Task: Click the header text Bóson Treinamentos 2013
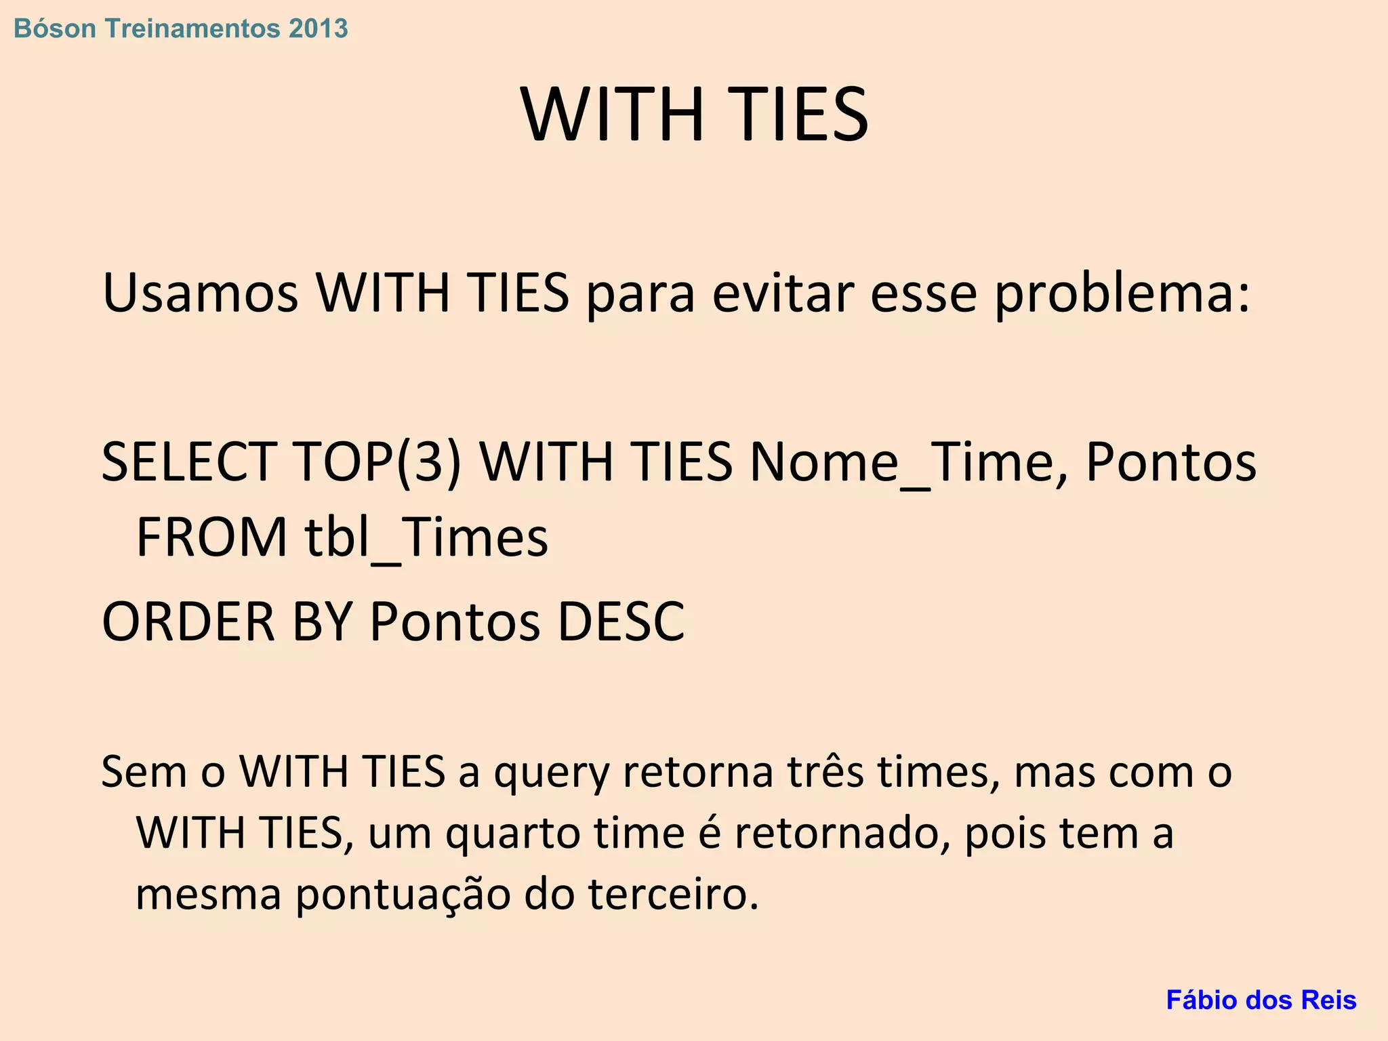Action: (x=181, y=28)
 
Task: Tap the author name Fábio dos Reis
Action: (x=1261, y=1000)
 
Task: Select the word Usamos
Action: (x=200, y=293)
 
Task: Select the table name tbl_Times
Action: (x=426, y=537)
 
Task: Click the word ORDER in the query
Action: (x=188, y=621)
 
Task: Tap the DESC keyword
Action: (x=621, y=621)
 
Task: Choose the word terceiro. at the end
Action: (x=674, y=895)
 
